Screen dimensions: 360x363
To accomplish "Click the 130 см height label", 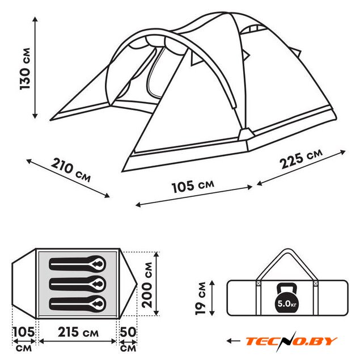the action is point(25,69).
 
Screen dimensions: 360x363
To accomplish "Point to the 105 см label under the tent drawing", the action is point(193,187).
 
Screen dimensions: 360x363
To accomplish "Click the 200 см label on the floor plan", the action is point(147,285).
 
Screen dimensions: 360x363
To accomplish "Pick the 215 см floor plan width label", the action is point(78,332).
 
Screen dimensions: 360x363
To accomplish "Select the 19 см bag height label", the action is point(200,298).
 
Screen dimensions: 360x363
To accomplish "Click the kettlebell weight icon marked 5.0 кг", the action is point(287,299).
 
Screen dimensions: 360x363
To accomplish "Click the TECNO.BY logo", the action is point(291,341).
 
